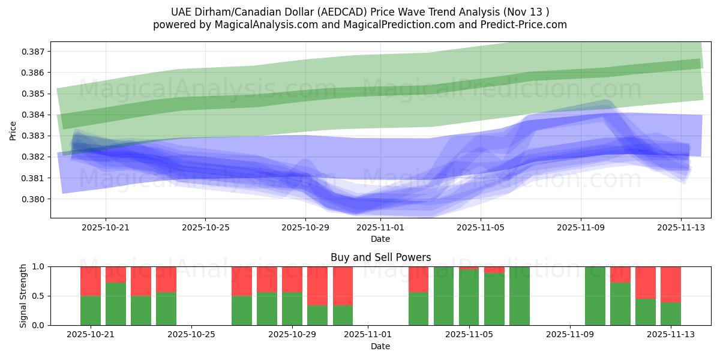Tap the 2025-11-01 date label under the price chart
[380, 227]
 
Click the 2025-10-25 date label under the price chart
[205, 227]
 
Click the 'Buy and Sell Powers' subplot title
[380, 257]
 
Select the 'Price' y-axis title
[13, 130]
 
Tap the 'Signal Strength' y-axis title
[23, 296]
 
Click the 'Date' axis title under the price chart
[380, 239]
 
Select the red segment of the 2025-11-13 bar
[671, 284]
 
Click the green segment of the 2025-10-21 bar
[91, 310]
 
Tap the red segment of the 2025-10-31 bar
[343, 286]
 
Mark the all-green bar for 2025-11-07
[520, 296]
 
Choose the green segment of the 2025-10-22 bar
[116, 304]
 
